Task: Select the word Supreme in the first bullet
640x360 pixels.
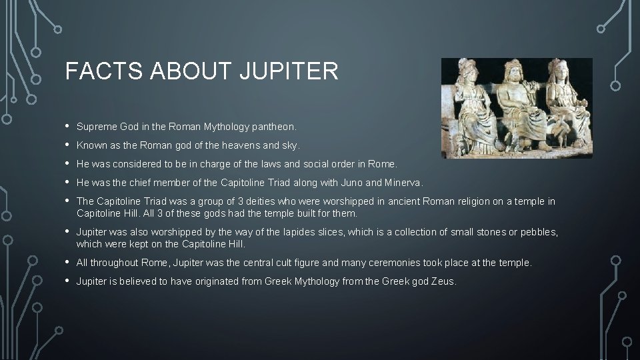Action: coord(96,126)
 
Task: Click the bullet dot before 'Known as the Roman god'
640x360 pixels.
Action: coord(68,144)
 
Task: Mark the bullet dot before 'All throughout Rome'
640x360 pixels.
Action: coord(68,262)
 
